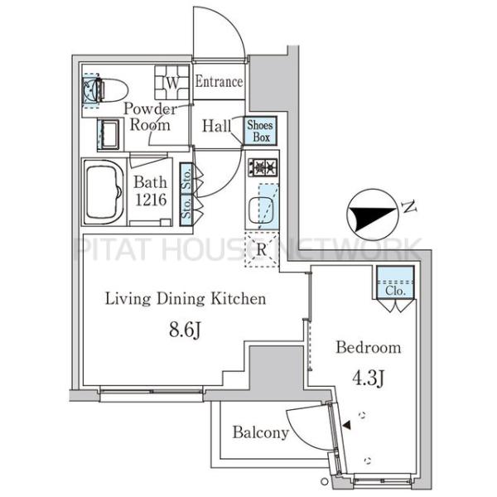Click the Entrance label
pyautogui.click(x=219, y=81)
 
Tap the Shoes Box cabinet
pyautogui.click(x=260, y=131)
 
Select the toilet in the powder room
pyautogui.click(x=105, y=89)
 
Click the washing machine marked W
pyautogui.click(x=172, y=82)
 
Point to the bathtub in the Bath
pyautogui.click(x=104, y=192)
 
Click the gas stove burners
pyautogui.click(x=263, y=166)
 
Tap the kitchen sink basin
pyautogui.click(x=261, y=210)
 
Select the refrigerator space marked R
pyautogui.click(x=262, y=250)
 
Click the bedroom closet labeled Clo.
pyautogui.click(x=395, y=282)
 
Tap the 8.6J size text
pyautogui.click(x=185, y=330)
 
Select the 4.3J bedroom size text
pyautogui.click(x=369, y=378)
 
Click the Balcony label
pyautogui.click(x=261, y=432)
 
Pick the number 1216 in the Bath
pyautogui.click(x=151, y=200)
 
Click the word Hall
pyautogui.click(x=217, y=126)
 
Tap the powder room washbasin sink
pyautogui.click(x=109, y=135)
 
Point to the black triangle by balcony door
pyautogui.click(x=347, y=425)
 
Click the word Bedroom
pyautogui.click(x=369, y=347)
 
